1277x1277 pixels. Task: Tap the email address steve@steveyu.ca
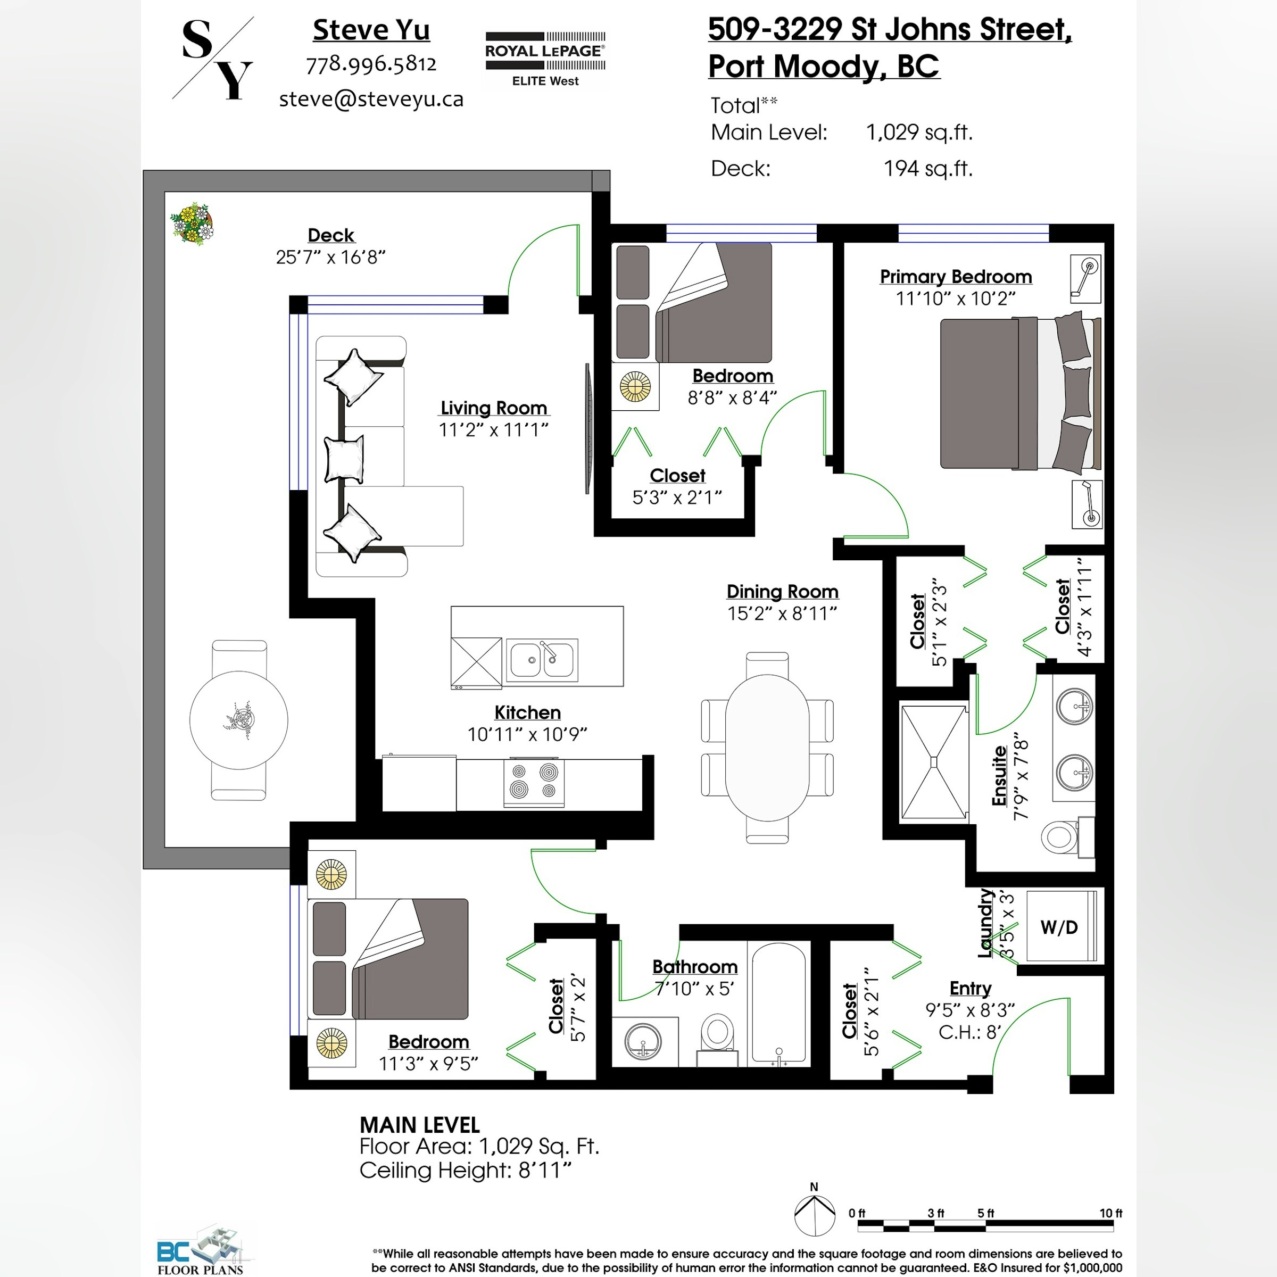pyautogui.click(x=371, y=99)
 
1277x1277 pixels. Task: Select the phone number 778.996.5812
pyautogui.click(x=371, y=64)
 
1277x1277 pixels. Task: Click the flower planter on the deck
pyautogui.click(x=192, y=224)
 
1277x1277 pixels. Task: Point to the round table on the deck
pyautogui.click(x=238, y=720)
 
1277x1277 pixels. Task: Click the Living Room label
pyautogui.click(x=494, y=408)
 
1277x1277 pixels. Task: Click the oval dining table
pyautogui.click(x=767, y=748)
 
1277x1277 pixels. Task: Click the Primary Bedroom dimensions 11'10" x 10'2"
pyautogui.click(x=955, y=298)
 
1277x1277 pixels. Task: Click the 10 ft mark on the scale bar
pyautogui.click(x=1110, y=1214)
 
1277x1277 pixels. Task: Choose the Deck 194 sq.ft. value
pyautogui.click(x=928, y=169)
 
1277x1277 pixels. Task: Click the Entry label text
pyautogui.click(x=971, y=989)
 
